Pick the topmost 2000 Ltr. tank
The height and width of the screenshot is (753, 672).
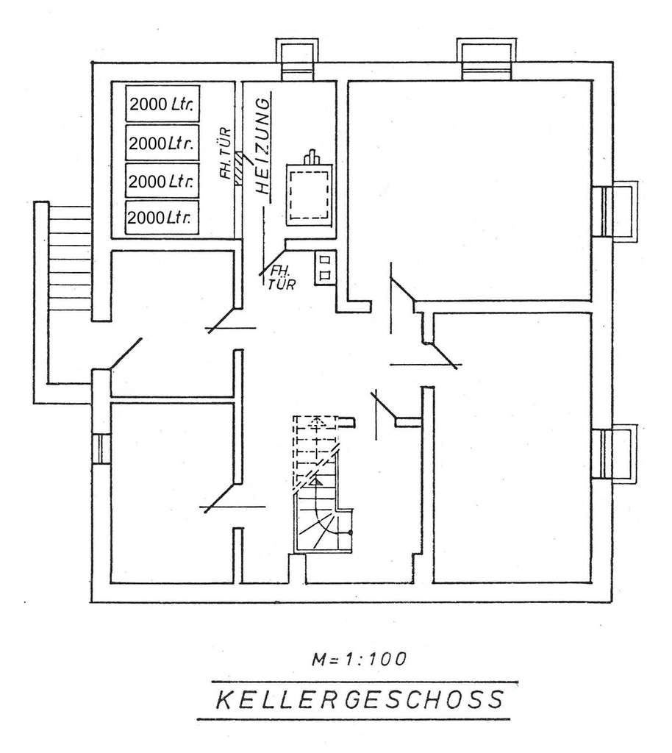click(162, 104)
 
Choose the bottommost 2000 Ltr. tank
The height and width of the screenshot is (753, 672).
click(162, 218)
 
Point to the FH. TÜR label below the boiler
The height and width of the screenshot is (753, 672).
click(282, 278)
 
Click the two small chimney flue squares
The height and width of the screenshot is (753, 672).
click(324, 268)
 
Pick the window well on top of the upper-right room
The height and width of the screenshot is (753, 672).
click(485, 59)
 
